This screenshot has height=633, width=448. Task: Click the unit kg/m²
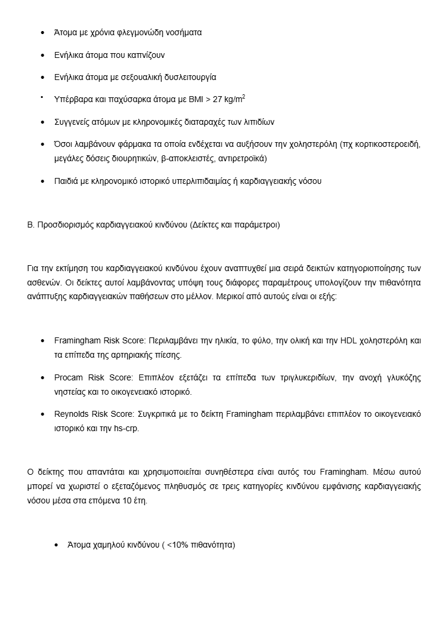[230, 99]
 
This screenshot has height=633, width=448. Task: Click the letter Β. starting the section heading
[30, 225]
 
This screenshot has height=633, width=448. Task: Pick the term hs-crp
[125, 428]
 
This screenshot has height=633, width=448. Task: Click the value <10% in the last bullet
[177, 545]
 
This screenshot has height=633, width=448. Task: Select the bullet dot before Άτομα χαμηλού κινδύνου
[56, 545]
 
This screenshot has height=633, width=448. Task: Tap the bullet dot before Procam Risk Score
[42, 378]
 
